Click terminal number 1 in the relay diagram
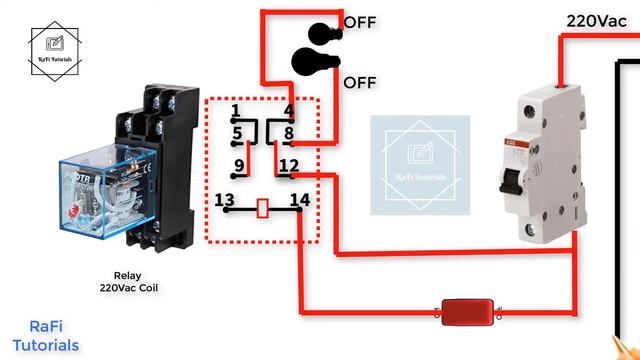click(234, 110)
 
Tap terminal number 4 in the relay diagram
click(288, 110)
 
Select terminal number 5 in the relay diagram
click(236, 132)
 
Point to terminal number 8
click(288, 132)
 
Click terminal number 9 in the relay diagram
click(239, 165)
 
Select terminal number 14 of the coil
click(298, 201)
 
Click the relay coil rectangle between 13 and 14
click(262, 208)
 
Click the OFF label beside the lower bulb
click(360, 82)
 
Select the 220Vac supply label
click(596, 19)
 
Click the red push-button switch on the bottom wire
click(464, 312)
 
